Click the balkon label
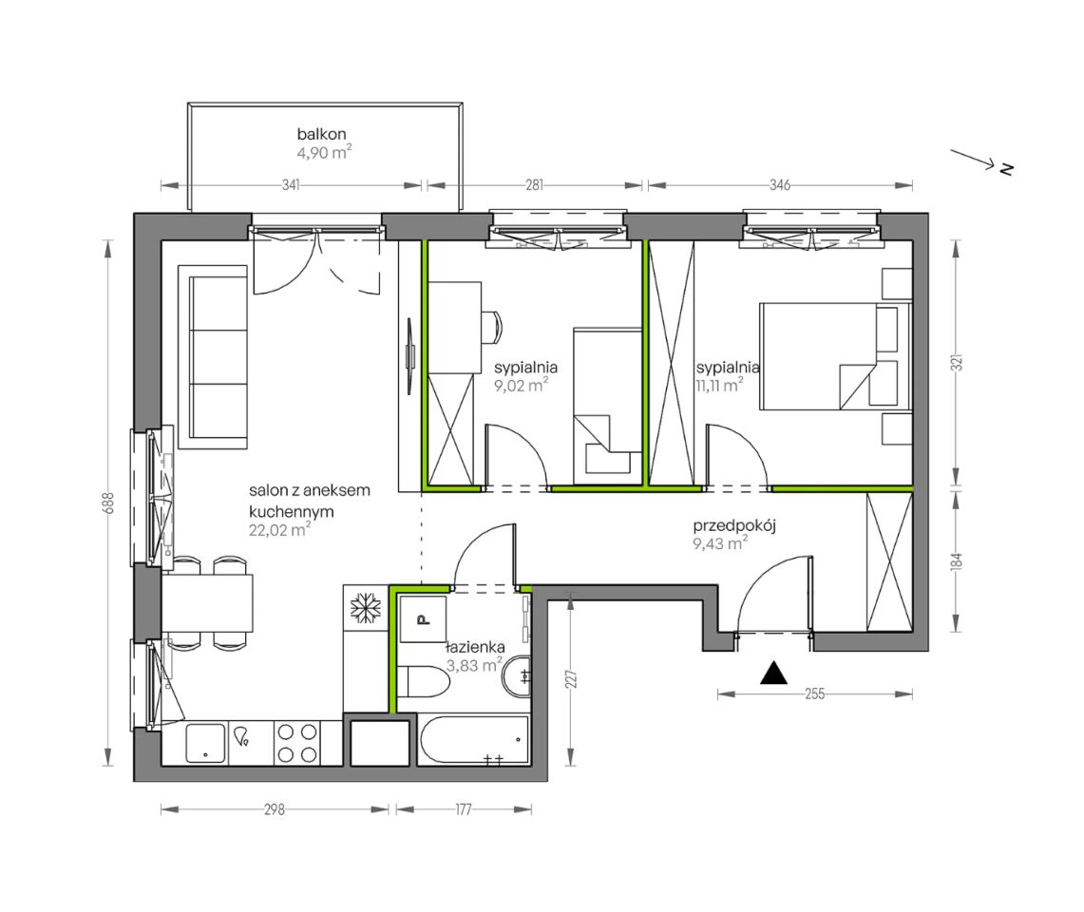pos(321,134)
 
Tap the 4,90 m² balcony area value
pos(324,152)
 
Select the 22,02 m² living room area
pos(279,530)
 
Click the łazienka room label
pos(476,648)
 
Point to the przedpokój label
pos(734,526)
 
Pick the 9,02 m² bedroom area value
pos(522,385)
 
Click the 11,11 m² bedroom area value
pos(720,385)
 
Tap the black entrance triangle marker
pos(773,674)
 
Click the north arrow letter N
pos(1006,168)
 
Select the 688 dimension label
pos(107,503)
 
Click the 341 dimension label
pos(291,185)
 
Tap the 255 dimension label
pos(815,693)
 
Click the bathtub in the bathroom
pos(474,740)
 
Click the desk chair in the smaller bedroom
pos(491,327)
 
